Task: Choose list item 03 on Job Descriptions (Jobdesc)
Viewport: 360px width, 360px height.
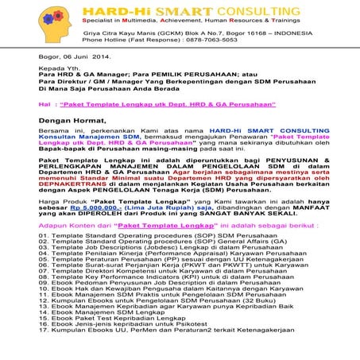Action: pyautogui.click(x=159, y=274)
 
